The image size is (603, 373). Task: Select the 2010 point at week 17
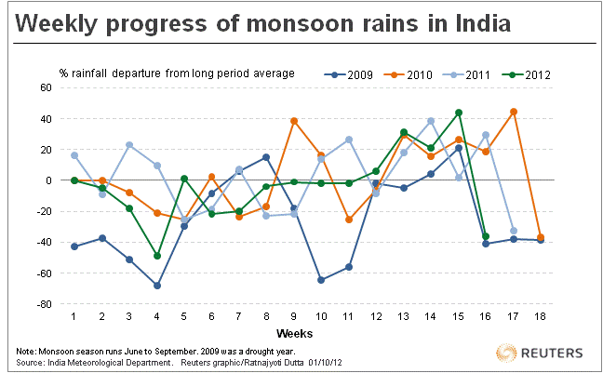pyautogui.click(x=514, y=112)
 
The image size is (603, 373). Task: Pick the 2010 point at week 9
pyautogui.click(x=294, y=121)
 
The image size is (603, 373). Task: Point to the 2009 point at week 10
pyautogui.click(x=321, y=280)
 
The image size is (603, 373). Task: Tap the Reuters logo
pyautogui.click(x=543, y=353)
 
